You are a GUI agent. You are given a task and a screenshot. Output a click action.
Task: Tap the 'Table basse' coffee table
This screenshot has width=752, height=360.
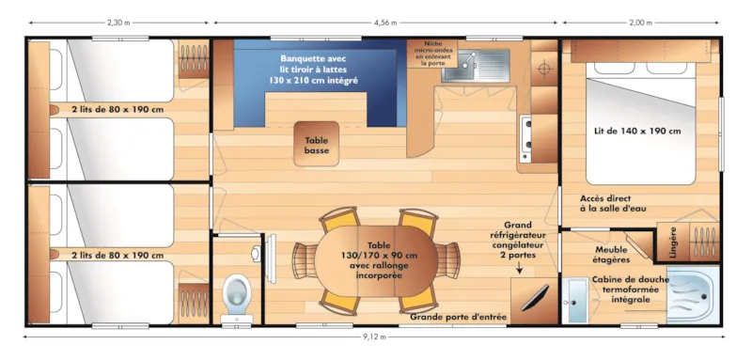click(x=317, y=145)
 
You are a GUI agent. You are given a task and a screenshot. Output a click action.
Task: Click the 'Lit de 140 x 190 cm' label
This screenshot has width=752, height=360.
click(x=637, y=131)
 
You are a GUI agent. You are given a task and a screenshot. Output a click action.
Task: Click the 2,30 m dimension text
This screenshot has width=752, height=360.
click(x=117, y=22)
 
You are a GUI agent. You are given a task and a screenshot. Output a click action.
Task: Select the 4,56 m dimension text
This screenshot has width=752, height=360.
click(x=386, y=22)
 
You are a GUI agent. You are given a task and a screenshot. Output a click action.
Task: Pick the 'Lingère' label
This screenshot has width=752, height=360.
click(x=671, y=242)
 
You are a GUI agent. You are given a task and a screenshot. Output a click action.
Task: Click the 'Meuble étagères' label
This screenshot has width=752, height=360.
click(x=612, y=254)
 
